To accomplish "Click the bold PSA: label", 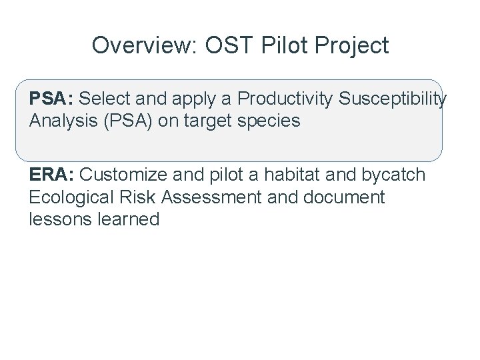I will (51, 99).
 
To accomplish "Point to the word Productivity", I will (285, 99).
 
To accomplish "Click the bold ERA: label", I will (52, 175).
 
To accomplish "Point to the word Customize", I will (123, 175).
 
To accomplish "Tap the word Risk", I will (143, 197).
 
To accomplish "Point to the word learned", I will (127, 219).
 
